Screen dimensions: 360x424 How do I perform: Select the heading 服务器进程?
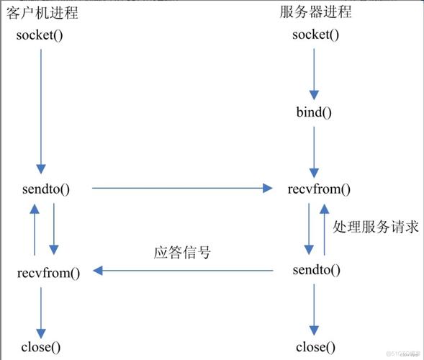pos(315,12)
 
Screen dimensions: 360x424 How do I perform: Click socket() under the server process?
pos(315,35)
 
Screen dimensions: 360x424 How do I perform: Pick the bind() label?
pos(315,113)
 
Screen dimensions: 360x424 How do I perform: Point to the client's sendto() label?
pos(46,189)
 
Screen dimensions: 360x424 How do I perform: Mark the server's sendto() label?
pos(317,271)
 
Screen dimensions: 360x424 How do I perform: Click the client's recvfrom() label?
pos(49,272)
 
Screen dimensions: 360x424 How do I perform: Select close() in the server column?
pos(315,347)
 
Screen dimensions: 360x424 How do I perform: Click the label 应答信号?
pos(184,253)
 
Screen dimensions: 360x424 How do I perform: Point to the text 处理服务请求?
pos(376,226)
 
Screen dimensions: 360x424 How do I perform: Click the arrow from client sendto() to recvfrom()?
pos(180,189)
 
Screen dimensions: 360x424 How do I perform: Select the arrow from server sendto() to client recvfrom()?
pos(184,271)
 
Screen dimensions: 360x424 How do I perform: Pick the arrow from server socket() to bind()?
pos(314,73)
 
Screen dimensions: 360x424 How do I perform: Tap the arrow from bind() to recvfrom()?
pos(314,151)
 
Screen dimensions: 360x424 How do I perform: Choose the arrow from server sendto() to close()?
pos(314,310)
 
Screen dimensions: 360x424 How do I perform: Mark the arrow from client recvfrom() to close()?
pos(40,311)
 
